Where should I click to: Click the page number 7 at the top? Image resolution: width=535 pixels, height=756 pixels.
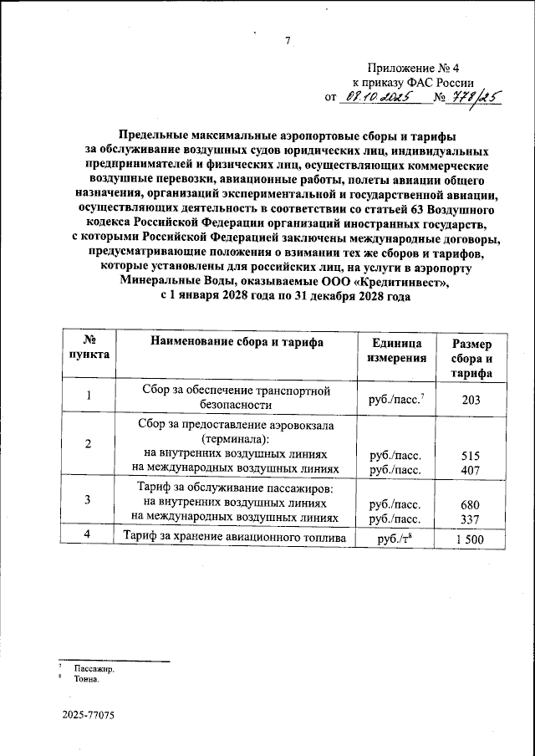[287, 42]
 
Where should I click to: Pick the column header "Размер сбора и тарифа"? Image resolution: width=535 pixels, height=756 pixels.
[471, 359]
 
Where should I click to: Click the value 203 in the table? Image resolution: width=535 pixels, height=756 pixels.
[471, 400]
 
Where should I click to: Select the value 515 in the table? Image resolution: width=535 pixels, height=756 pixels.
[471, 457]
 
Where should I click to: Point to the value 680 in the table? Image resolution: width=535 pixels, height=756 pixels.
[471, 505]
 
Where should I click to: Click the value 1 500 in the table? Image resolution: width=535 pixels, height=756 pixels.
[471, 540]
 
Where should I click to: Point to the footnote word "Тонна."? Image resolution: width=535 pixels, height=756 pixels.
[89, 681]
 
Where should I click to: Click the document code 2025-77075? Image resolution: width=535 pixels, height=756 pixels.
[88, 717]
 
